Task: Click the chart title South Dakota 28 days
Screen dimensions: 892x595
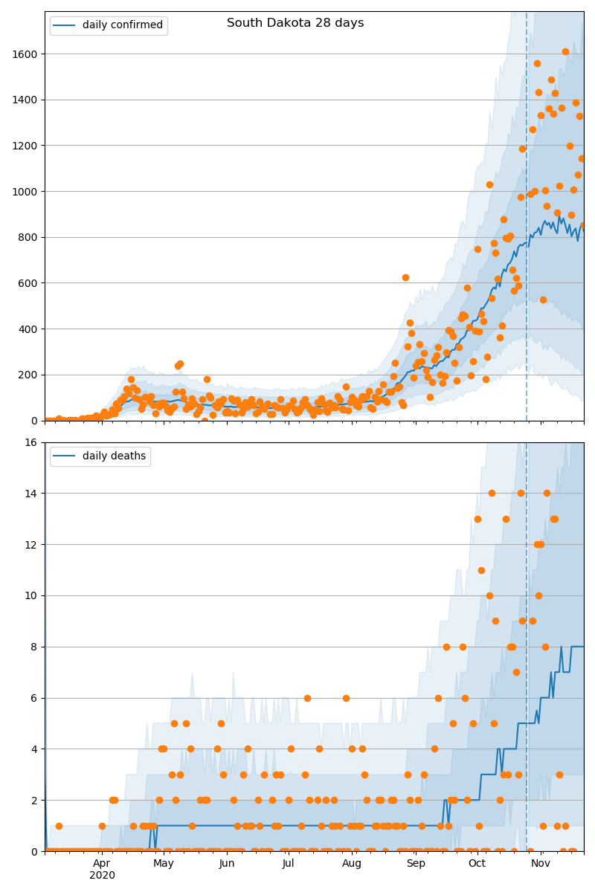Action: pyautogui.click(x=295, y=23)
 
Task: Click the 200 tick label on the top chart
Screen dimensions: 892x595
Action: pyautogui.click(x=30, y=375)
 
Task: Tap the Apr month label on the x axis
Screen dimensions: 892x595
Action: pyautogui.click(x=102, y=864)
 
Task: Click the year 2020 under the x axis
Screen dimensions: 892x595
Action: pyautogui.click(x=102, y=876)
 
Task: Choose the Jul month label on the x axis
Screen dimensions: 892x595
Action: pyautogui.click(x=288, y=864)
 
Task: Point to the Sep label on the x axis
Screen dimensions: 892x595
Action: pyautogui.click(x=416, y=864)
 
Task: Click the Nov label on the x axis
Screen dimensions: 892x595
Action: pyautogui.click(x=541, y=864)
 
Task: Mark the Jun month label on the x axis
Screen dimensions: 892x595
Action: pyautogui.click(x=227, y=864)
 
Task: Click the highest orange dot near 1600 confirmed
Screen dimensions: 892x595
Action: pyautogui.click(x=565, y=51)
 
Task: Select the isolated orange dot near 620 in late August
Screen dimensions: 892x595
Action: pyautogui.click(x=405, y=277)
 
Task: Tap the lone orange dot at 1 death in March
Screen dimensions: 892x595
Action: pyautogui.click(x=59, y=826)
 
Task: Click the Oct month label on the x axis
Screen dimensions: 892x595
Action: pyautogui.click(x=477, y=864)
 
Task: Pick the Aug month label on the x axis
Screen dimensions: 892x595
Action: pyautogui.click(x=352, y=864)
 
